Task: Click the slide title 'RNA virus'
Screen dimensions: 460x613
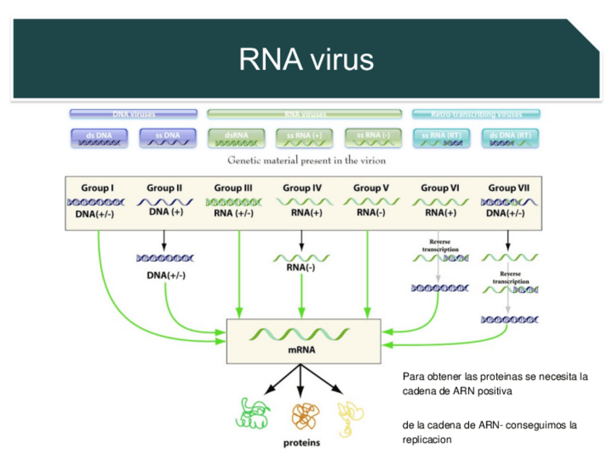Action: coord(306,59)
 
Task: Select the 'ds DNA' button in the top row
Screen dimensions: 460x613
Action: coord(99,138)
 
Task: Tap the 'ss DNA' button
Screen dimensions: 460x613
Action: coord(167,138)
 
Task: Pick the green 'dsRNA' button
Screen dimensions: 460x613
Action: coord(236,138)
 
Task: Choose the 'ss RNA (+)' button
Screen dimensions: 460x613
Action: coord(304,138)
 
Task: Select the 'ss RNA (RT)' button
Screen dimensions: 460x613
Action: coord(442,138)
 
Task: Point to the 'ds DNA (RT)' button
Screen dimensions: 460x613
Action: coord(510,138)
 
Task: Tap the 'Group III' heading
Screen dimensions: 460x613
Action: coord(233,188)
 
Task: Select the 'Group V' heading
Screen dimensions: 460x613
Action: coord(371,188)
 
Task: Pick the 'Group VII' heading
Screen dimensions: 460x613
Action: coord(507,188)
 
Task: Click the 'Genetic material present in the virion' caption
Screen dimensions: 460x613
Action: coord(306,161)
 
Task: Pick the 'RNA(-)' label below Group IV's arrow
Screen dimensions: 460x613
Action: coord(301,270)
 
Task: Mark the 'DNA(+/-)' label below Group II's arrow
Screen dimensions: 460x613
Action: coord(167,275)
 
